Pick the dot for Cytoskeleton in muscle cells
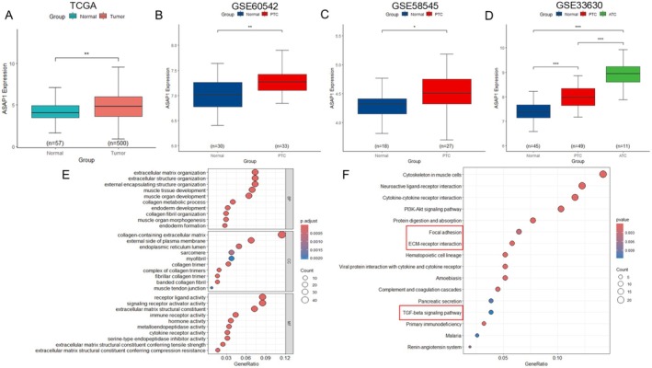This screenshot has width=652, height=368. click(x=603, y=175)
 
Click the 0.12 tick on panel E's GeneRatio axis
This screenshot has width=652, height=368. click(x=285, y=356)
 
